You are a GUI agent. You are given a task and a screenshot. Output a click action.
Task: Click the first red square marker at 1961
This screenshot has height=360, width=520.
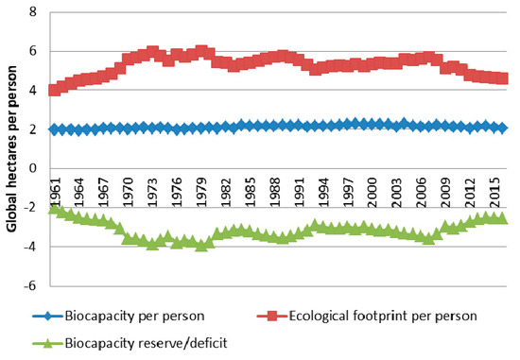[54, 91]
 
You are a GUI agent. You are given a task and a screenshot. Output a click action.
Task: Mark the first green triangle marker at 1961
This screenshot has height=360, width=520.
[54, 207]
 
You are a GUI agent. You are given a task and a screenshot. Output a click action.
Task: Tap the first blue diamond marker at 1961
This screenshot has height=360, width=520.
[54, 129]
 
